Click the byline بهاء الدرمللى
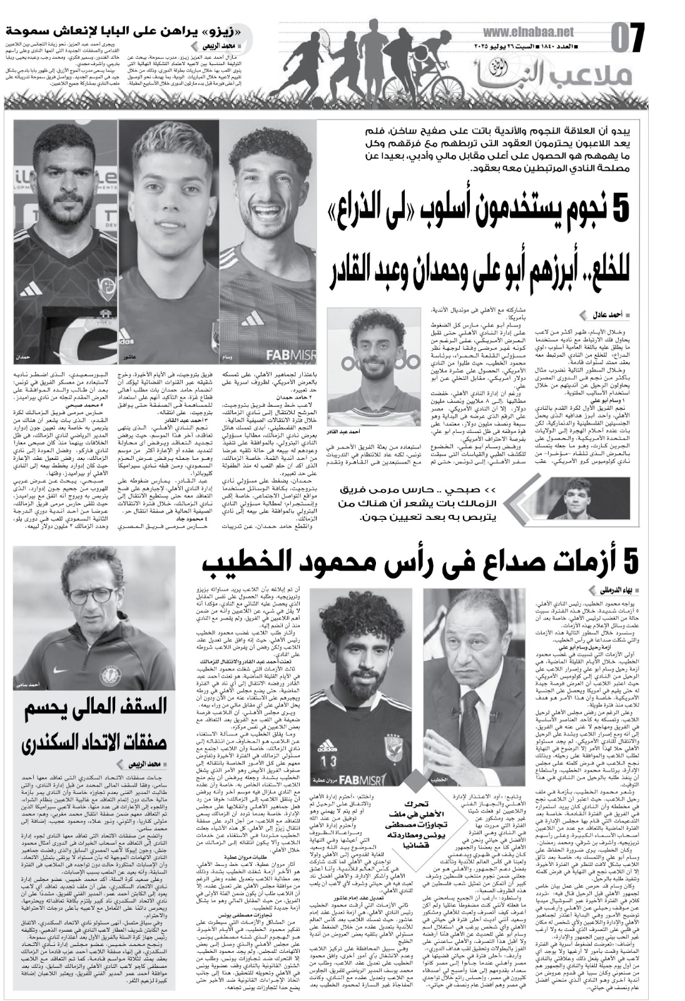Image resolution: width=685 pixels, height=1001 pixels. coord(606,590)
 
